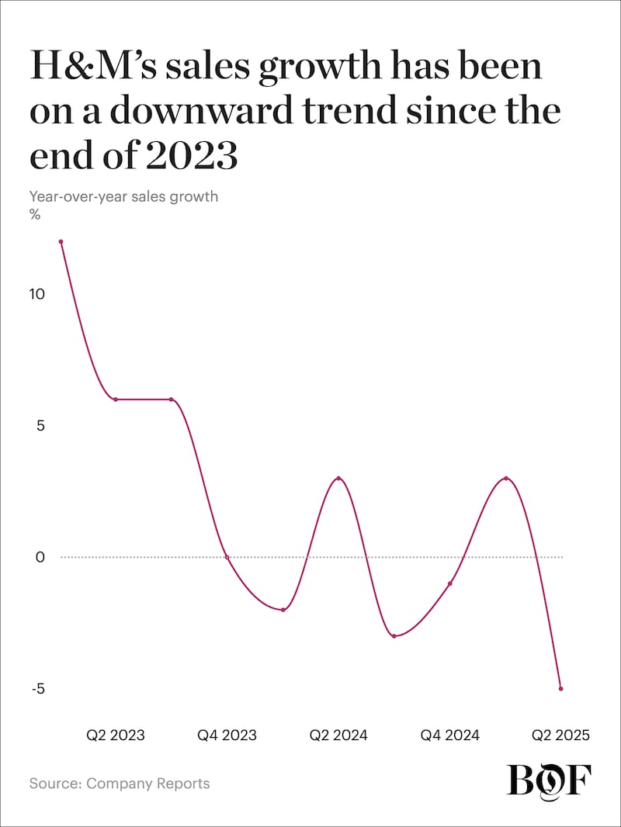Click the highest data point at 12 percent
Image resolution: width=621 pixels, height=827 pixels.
[61, 242]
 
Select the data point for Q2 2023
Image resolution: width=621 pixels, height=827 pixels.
[116, 400]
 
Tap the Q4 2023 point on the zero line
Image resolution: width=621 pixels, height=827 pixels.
[227, 557]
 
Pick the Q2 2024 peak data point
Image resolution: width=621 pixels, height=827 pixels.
[338, 478]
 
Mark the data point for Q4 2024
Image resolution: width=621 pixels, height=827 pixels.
[450, 583]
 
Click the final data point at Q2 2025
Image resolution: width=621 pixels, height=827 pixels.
[561, 688]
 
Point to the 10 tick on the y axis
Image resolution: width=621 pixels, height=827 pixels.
[39, 295]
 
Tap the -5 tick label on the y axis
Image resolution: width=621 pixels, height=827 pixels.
[36, 689]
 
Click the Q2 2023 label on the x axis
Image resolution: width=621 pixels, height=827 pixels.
[116, 735]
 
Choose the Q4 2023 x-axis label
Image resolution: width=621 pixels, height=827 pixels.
[227, 735]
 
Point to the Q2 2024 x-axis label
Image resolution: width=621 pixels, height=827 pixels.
[338, 735]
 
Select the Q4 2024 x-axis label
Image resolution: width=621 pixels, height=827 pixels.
[450, 735]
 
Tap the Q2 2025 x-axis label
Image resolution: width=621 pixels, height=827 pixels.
[560, 735]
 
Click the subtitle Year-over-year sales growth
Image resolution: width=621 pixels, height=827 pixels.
[123, 196]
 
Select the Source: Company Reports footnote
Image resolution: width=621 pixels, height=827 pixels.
[120, 783]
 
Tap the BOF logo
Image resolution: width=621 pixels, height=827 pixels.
[549, 779]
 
